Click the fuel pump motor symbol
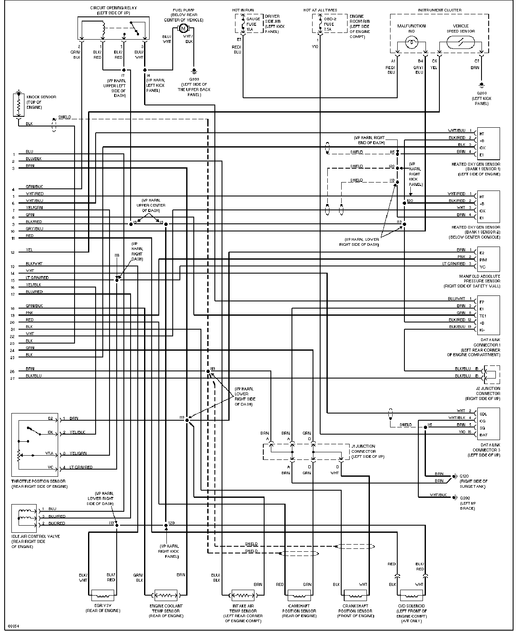tap(183, 28)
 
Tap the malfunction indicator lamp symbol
tap(411, 43)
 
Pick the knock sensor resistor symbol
tap(18, 105)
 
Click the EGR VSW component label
tap(102, 608)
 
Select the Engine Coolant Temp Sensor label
tap(166, 611)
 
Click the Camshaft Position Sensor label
tap(299, 611)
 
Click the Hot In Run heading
tap(243, 10)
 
